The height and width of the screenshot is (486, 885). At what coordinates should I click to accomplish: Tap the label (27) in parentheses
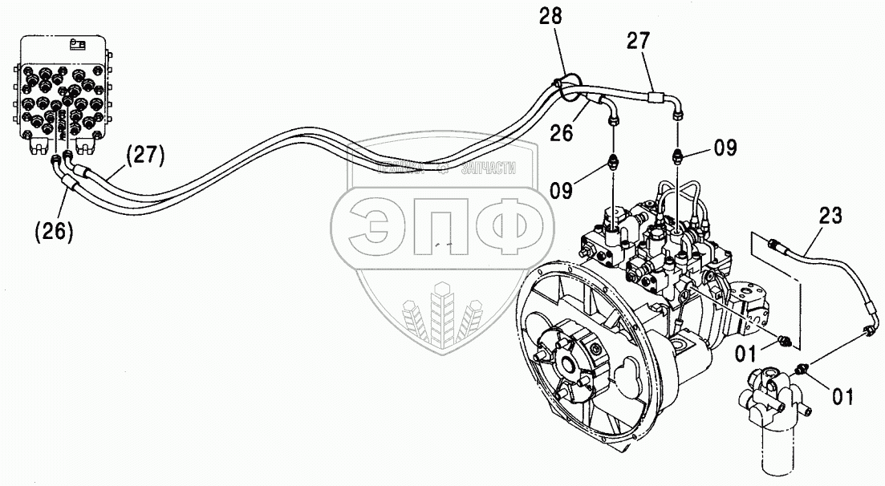tap(144, 157)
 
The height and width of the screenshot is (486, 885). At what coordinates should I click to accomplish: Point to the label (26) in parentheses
tap(54, 231)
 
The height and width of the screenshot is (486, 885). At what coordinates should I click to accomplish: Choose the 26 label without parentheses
tap(562, 133)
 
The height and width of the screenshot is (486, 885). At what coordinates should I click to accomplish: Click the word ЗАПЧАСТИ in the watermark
tap(489, 168)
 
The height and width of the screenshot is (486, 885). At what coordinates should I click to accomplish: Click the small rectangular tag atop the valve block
tap(78, 44)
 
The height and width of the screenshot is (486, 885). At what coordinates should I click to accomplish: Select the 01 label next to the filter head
tap(842, 395)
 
